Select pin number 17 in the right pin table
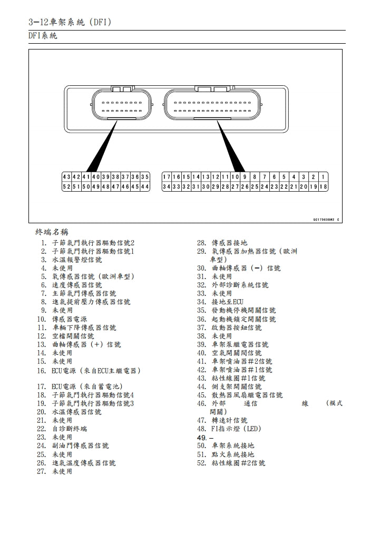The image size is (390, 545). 165,177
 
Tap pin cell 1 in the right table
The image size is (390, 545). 323,177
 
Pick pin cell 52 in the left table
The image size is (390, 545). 65,187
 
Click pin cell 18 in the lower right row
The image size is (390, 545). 323,187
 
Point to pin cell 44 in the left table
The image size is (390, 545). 145,187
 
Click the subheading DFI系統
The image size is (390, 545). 43,36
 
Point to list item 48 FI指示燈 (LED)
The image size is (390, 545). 236,429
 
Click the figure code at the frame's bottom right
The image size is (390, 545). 326,220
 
